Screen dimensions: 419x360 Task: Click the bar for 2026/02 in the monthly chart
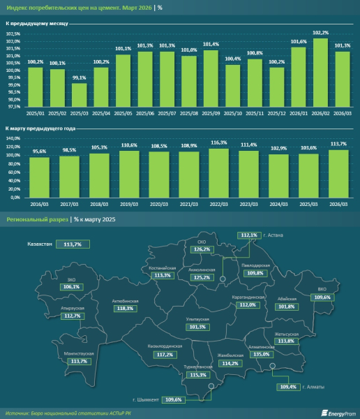pos(320,73)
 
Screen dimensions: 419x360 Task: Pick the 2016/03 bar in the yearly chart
pos(39,177)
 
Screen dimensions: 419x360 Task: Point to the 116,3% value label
pos(219,142)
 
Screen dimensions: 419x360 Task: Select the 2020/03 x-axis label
pos(159,205)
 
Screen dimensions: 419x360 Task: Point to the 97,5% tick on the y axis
pos(13,108)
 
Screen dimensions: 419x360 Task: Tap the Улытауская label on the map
pos(198,319)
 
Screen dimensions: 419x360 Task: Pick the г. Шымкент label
pos(146,399)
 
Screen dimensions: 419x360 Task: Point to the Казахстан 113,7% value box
pos(73,244)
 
